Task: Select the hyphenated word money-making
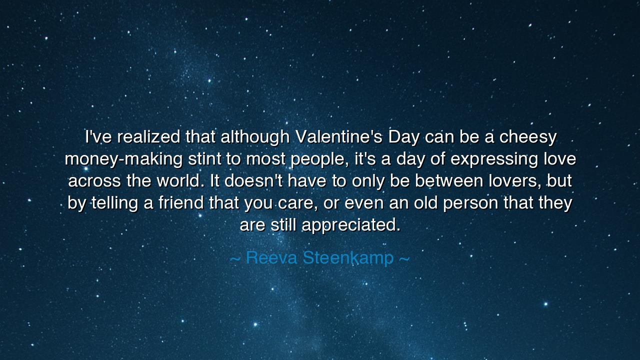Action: (123, 159)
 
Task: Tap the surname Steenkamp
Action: (348, 258)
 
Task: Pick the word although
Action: (255, 136)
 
